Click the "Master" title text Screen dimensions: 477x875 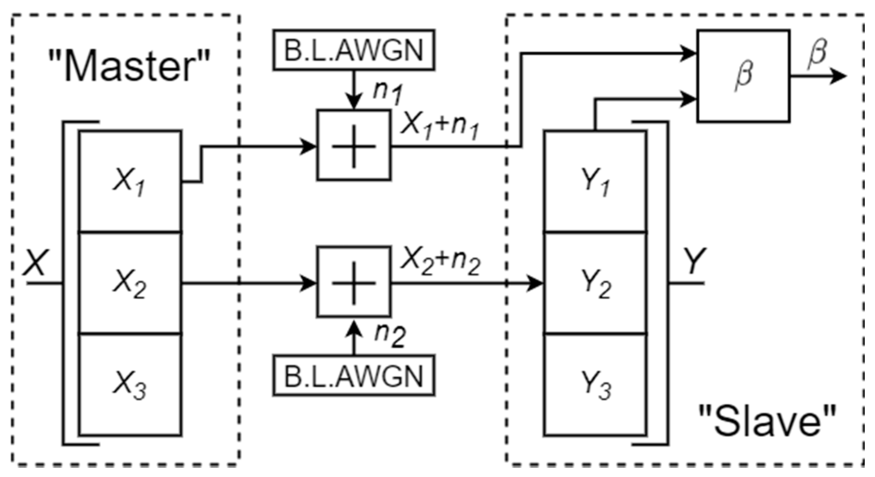129,65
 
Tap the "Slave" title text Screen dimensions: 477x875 767,421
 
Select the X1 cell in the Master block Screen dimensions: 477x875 130,181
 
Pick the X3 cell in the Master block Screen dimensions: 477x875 130,384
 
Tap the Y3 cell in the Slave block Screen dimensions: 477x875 595,384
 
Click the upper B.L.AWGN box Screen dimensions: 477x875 353,50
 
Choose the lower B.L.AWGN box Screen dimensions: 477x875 353,376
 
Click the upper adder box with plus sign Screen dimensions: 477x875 353,145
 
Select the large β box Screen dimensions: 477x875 743,76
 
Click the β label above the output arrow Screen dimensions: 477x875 816,54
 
